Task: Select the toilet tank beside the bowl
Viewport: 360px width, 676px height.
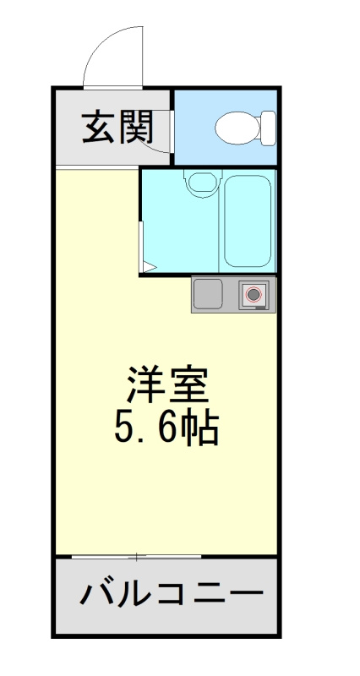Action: pyautogui.click(x=269, y=128)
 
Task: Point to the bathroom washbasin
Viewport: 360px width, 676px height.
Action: pyautogui.click(x=201, y=182)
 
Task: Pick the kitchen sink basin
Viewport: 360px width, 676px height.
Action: pyautogui.click(x=208, y=294)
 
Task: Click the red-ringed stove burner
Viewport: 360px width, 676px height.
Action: pyautogui.click(x=254, y=295)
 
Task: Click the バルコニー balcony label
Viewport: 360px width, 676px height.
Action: pyautogui.click(x=166, y=595)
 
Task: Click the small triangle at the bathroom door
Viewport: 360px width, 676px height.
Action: pyautogui.click(x=147, y=268)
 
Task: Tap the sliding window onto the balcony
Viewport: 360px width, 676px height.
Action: pyautogui.click(x=137, y=556)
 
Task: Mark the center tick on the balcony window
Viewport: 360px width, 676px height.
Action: pyautogui.click(x=137, y=556)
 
